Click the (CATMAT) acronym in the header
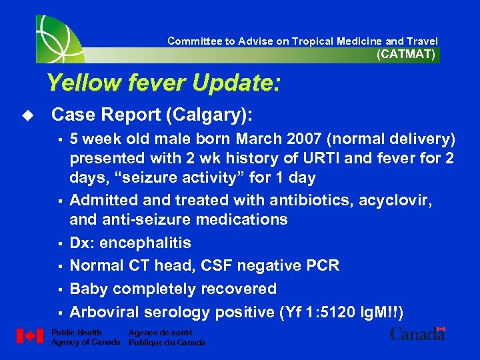[x=405, y=55]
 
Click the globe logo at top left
[x=60, y=37]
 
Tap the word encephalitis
[x=145, y=243]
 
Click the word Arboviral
[x=101, y=312]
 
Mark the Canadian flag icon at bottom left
[x=29, y=337]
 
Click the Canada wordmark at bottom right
[x=417, y=334]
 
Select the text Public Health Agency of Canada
[x=85, y=337]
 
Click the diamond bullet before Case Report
[x=27, y=115]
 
